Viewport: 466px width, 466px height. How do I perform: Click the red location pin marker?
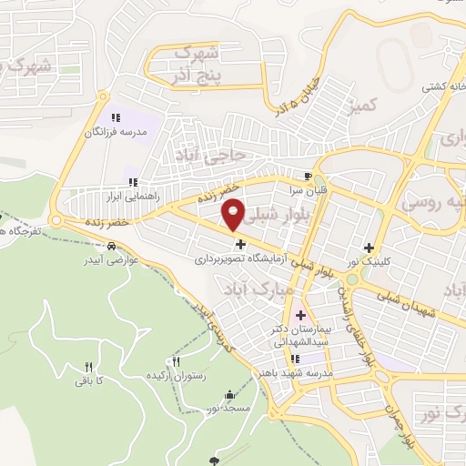coord(234,214)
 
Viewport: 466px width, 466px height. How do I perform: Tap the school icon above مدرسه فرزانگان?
coord(116,118)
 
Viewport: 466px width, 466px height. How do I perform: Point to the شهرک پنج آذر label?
coord(196,65)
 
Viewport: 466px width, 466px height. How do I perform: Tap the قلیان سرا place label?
coord(309,190)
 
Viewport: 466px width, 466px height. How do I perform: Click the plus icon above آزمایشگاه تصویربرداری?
coord(240,244)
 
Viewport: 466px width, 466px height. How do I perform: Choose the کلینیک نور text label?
coord(369,262)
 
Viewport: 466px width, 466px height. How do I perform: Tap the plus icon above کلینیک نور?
coord(369,248)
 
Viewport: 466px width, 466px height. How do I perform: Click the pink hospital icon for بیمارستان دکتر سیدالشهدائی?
coord(300,315)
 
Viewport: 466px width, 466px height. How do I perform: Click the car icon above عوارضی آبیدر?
coord(110,246)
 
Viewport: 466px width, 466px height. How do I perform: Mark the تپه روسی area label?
coord(435,202)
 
